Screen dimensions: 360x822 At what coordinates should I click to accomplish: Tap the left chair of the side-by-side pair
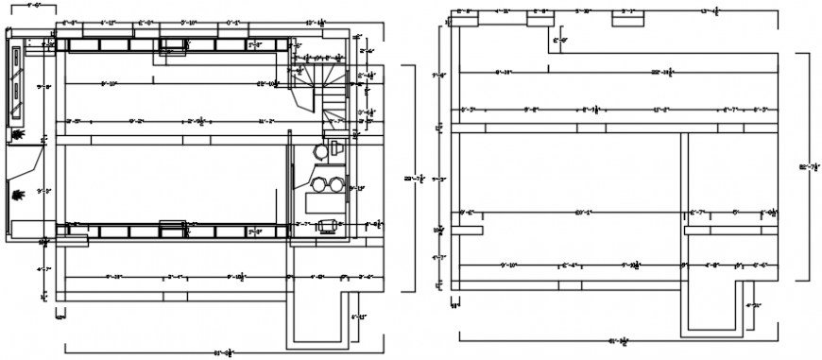click(x=319, y=183)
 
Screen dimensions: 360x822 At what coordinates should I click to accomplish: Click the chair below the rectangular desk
click(x=328, y=225)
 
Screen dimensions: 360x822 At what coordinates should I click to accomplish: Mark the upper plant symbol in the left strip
click(x=18, y=136)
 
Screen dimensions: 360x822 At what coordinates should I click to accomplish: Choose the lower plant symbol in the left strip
click(x=18, y=196)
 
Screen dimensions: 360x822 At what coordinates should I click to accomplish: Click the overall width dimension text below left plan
click(x=222, y=351)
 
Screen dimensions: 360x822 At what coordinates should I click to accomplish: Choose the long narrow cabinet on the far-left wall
click(x=17, y=86)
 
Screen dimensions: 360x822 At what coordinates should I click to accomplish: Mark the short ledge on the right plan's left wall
click(x=468, y=230)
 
